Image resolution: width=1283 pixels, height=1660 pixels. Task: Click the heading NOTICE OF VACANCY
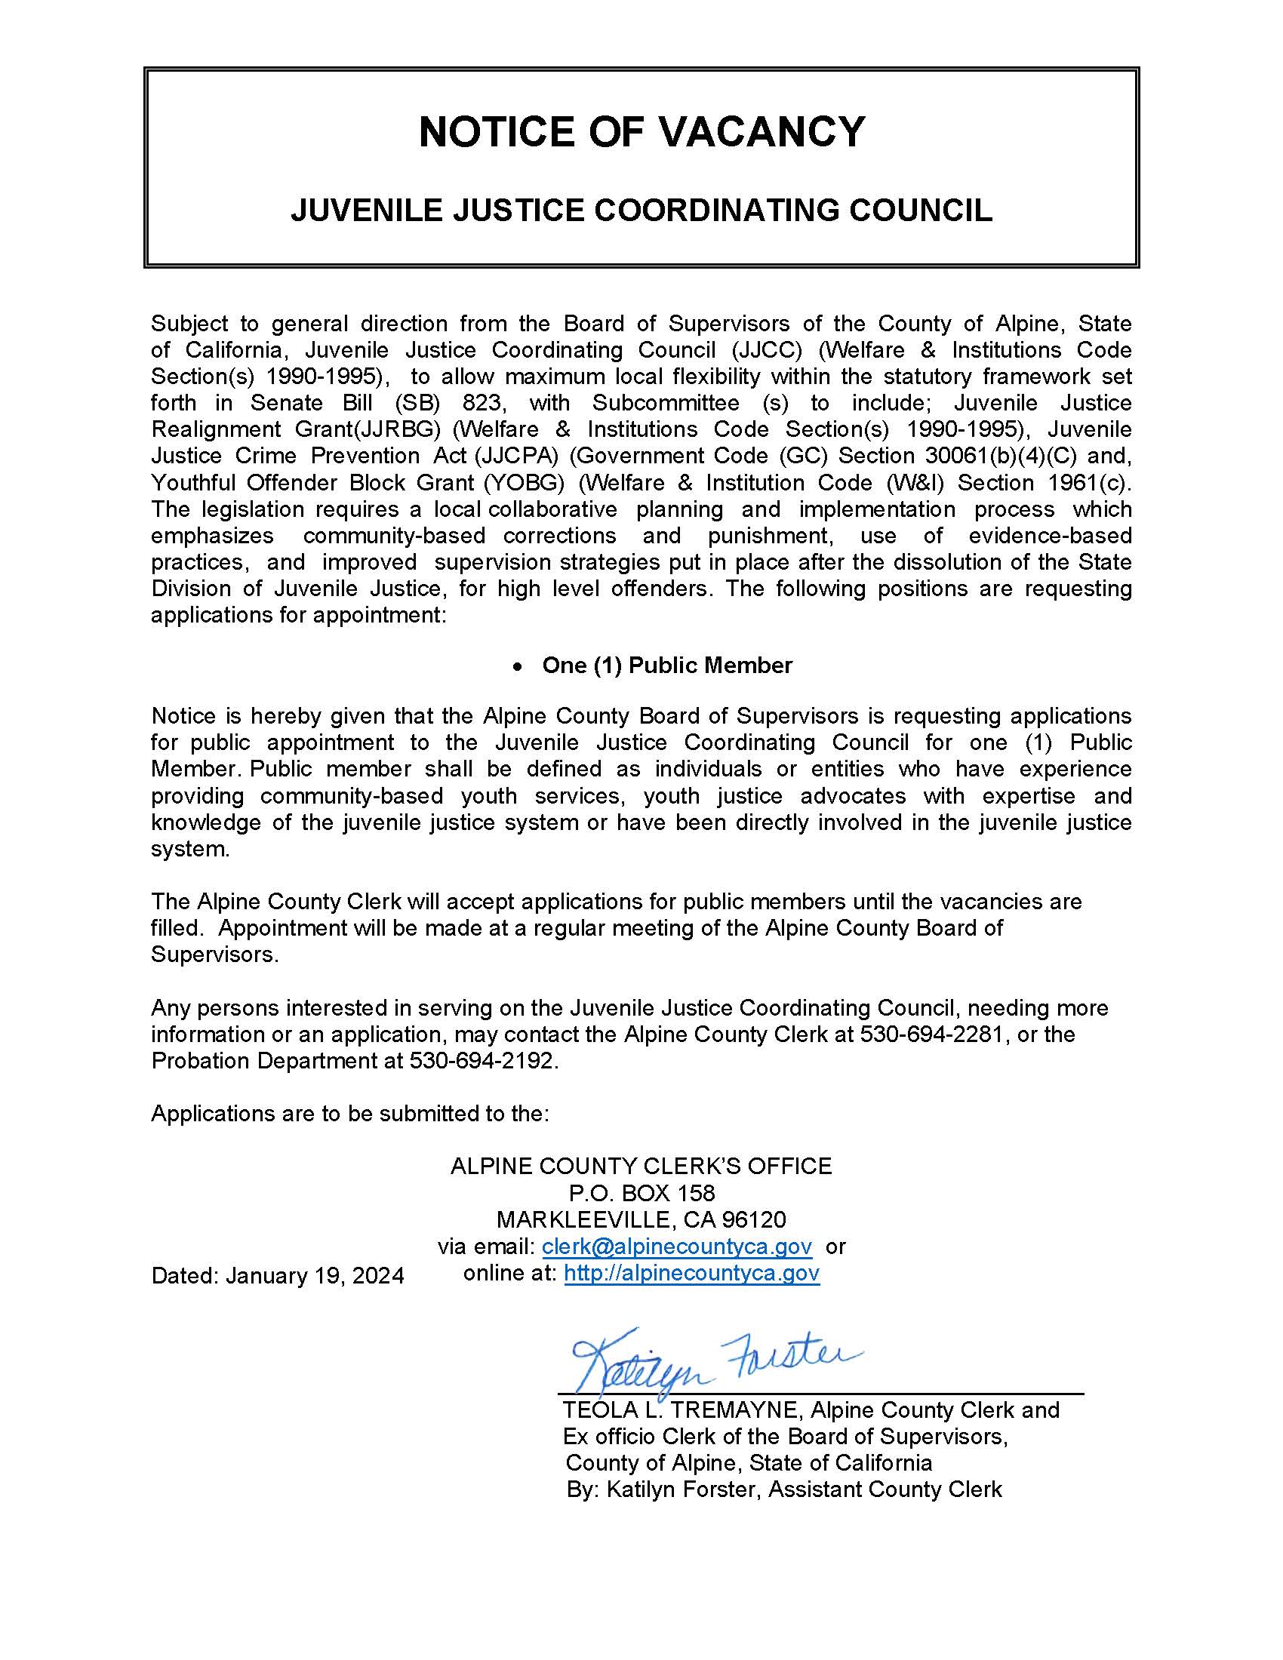(641, 131)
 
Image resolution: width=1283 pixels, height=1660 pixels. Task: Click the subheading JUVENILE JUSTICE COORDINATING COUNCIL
(641, 210)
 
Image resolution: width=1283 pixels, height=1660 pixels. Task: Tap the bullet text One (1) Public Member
(666, 665)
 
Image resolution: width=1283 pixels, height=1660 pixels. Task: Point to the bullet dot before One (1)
(518, 666)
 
